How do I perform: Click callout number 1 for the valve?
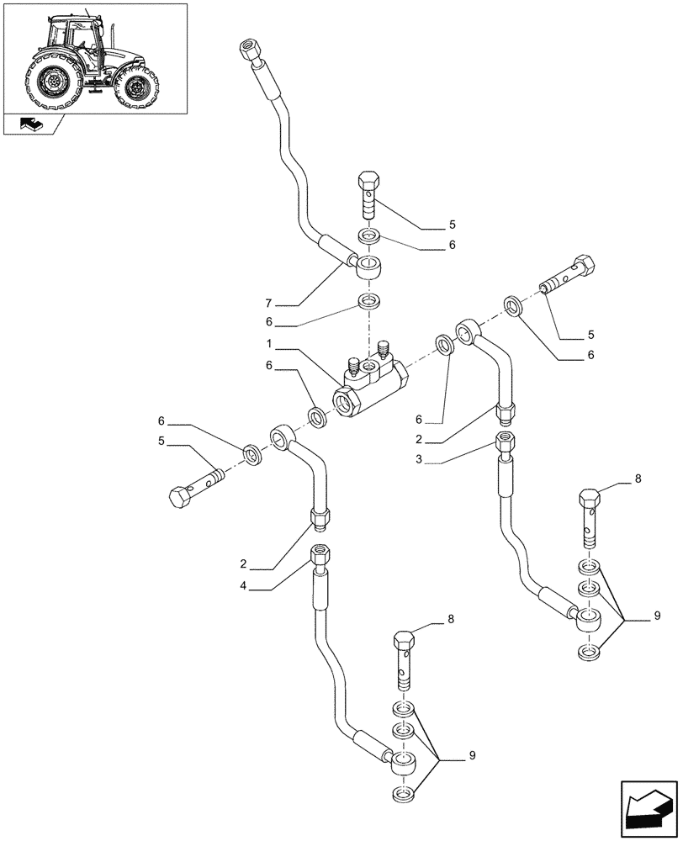pos(270,345)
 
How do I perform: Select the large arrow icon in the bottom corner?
pos(649,811)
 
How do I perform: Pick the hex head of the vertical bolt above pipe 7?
pos(369,182)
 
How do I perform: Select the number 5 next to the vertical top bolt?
pos(452,225)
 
